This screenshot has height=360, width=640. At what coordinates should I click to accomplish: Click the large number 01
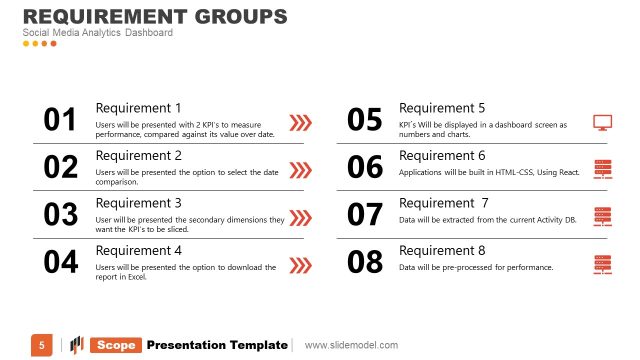click(60, 120)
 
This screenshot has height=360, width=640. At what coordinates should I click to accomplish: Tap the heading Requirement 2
click(138, 156)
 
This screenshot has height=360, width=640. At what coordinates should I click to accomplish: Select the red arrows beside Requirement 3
click(299, 216)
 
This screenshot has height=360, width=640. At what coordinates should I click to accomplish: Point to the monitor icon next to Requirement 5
click(602, 123)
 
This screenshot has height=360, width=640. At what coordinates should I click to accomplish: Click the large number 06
click(364, 168)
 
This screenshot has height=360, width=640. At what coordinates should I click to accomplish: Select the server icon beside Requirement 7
click(602, 216)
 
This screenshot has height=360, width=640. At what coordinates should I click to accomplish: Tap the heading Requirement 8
click(442, 251)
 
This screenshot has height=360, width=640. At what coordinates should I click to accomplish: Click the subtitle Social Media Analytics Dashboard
click(98, 33)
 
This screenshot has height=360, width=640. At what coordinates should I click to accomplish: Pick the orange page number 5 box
click(41, 345)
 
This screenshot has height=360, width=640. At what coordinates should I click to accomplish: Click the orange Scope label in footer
click(116, 345)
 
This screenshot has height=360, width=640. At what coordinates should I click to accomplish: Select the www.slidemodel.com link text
click(351, 345)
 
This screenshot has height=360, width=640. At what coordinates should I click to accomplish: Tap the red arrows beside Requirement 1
click(299, 123)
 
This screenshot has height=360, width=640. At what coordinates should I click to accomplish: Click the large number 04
click(60, 263)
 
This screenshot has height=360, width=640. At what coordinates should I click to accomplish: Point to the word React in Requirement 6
click(569, 172)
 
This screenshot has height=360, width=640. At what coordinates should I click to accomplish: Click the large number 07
click(364, 215)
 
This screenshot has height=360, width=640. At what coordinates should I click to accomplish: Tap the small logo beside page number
click(76, 345)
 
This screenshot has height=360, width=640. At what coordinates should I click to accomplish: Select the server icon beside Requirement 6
click(602, 169)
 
